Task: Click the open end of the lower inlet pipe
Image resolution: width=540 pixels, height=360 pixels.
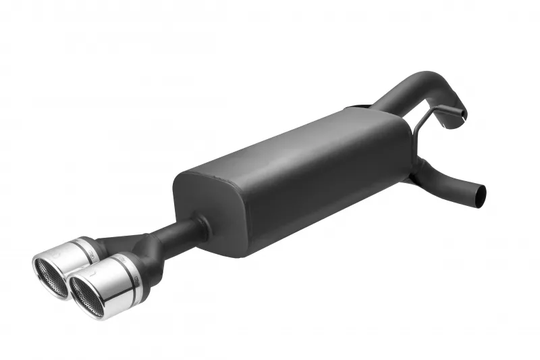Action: click(x=480, y=194)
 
